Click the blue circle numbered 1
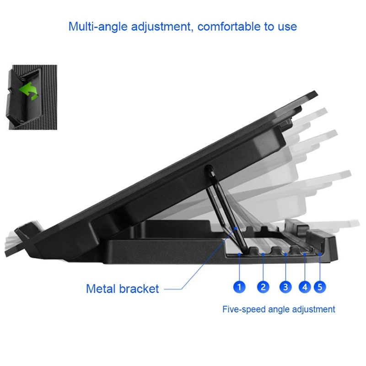click(x=239, y=287)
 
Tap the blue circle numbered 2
click(x=263, y=287)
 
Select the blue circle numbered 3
click(x=285, y=287)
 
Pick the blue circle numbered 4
click(x=305, y=287)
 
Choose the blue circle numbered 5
click(x=320, y=287)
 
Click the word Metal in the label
click(x=101, y=289)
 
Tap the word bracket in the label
click(x=139, y=289)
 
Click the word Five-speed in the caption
click(x=244, y=310)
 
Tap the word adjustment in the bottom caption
click(x=313, y=310)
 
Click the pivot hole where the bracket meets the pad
click(x=209, y=169)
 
